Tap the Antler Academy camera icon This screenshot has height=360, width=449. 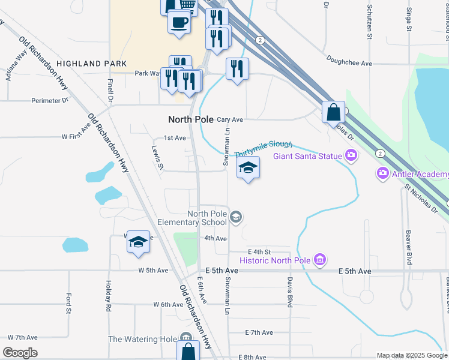(383, 173)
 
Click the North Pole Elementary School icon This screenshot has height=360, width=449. (237, 217)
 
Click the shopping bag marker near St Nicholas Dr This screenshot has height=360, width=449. (333, 112)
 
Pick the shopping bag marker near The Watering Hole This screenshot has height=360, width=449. (188, 351)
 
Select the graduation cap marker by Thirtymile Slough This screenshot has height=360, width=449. (248, 169)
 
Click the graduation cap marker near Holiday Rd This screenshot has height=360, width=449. (138, 242)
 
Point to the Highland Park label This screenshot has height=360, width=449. (92, 63)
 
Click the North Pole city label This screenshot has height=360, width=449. (191, 119)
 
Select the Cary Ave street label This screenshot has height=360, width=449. (229, 119)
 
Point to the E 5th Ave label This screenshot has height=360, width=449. (355, 272)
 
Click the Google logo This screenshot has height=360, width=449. (20, 353)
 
